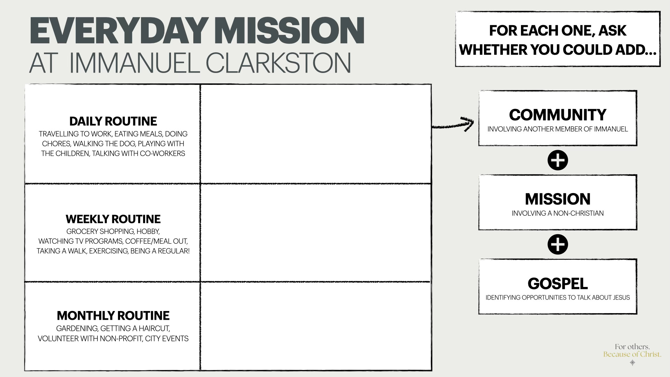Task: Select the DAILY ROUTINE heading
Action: (x=113, y=121)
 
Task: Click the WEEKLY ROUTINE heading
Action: (x=113, y=219)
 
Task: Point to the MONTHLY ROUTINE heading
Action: (x=113, y=316)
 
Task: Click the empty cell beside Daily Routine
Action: (x=316, y=134)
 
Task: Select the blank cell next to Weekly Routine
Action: (x=316, y=232)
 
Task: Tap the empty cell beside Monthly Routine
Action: (x=316, y=326)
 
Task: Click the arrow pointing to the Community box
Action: (x=454, y=124)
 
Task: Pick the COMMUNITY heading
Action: (x=558, y=115)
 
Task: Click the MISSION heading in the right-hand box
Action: (x=558, y=199)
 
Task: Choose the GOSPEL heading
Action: (x=558, y=283)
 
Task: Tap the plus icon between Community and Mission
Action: (x=558, y=161)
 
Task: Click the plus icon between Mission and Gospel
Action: (x=558, y=244)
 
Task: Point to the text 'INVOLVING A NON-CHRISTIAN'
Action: (x=558, y=213)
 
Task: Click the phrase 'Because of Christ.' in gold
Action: (x=632, y=354)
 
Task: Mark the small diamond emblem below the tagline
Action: (x=632, y=363)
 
